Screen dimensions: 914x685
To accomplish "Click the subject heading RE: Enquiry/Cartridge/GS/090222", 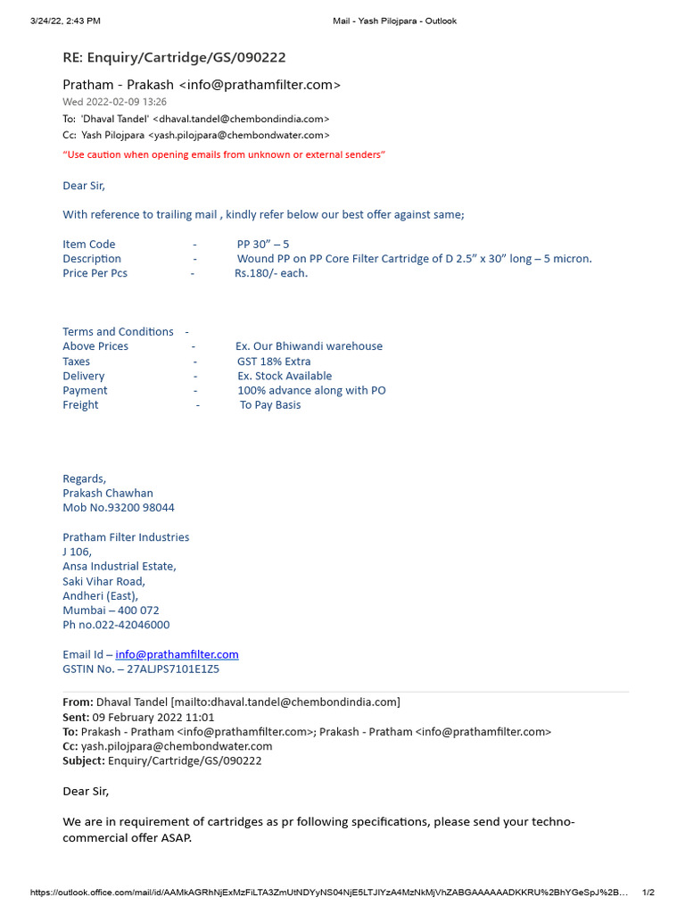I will (174, 57).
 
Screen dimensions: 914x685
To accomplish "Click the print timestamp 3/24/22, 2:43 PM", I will (65, 21).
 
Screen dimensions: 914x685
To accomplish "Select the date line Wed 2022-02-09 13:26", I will (114, 102).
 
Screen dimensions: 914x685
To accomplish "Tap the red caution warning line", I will (224, 154).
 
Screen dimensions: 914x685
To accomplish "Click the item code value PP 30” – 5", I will (263, 244).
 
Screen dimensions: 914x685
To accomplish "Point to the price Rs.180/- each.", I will (271, 273).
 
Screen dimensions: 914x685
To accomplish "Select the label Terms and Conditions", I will (118, 331).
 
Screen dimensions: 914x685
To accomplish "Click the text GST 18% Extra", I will (274, 361).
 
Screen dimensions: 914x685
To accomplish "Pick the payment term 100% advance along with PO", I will (311, 390).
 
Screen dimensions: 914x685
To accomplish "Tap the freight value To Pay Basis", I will (270, 404).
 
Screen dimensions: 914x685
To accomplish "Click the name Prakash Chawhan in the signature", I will (108, 493).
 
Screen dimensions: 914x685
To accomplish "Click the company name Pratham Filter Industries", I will (126, 537).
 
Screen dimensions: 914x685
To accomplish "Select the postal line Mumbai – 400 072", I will (111, 611).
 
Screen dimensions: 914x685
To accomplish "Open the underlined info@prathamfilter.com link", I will (177, 654).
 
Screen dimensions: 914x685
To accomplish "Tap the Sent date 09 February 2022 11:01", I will (153, 717).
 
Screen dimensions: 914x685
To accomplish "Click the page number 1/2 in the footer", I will (648, 893).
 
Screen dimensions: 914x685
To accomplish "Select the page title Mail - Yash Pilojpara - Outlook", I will (394, 21).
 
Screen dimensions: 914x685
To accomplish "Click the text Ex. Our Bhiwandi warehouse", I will (309, 346).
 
